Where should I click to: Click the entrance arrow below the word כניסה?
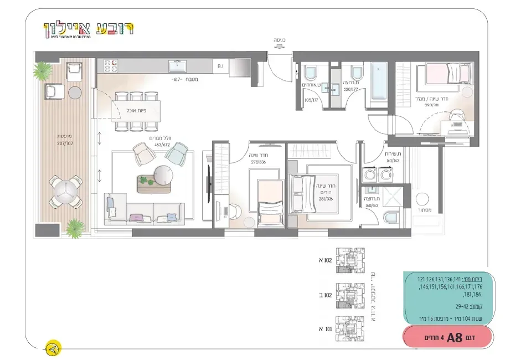tap(279, 48)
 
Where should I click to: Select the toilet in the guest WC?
tap(310, 73)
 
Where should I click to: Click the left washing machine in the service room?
tap(368, 175)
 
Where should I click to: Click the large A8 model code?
tap(454, 338)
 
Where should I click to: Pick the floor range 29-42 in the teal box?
tap(462, 306)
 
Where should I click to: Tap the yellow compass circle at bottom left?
tap(53, 348)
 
